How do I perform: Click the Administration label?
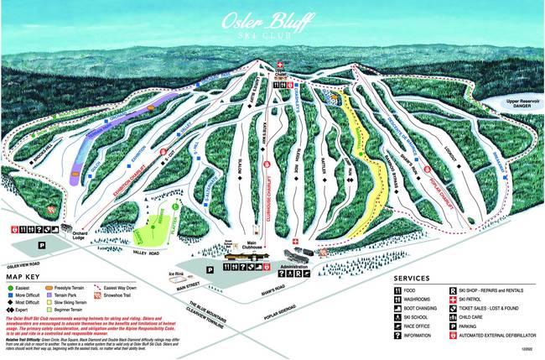(295, 262)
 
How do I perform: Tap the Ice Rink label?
(176, 274)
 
